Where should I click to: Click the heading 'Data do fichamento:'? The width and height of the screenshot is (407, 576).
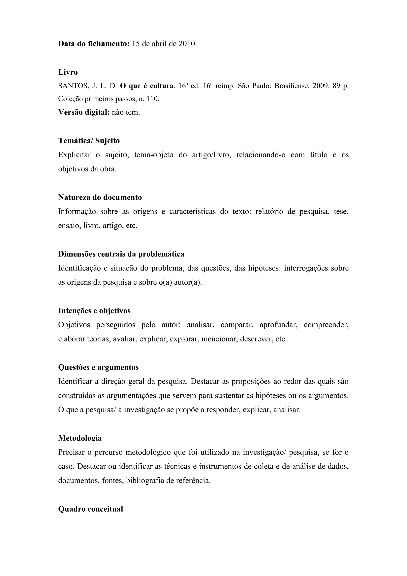tap(94, 44)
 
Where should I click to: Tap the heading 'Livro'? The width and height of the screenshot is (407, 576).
tap(68, 72)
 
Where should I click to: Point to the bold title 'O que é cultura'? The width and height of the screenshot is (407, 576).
tap(147, 86)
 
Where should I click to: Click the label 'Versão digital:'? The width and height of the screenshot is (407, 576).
tap(84, 112)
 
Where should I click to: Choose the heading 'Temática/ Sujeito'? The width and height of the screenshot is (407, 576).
tap(89, 141)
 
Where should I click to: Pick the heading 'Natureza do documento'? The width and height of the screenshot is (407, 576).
tap(100, 198)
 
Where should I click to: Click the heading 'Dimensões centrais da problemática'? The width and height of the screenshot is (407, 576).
tap(121, 254)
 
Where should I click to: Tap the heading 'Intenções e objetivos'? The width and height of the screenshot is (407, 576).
tap(94, 311)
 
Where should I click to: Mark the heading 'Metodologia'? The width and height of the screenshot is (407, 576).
tap(80, 438)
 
